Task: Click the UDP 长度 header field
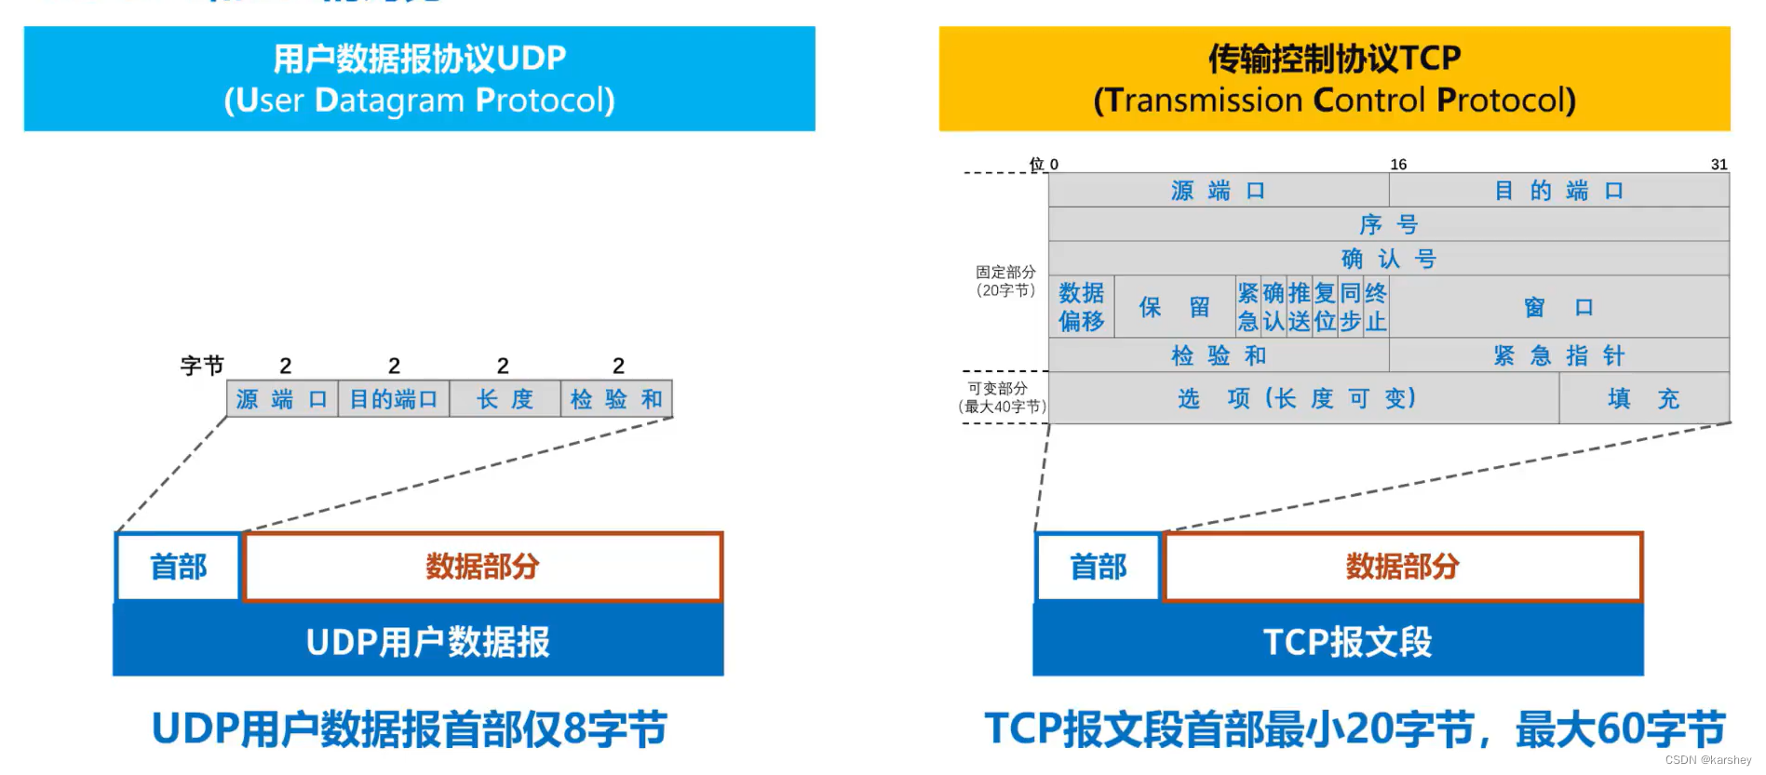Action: [x=505, y=399]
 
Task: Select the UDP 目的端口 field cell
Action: [x=393, y=399]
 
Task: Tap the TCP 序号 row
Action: [x=1388, y=224]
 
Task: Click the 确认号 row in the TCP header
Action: [x=1388, y=259]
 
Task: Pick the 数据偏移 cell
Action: [x=1081, y=307]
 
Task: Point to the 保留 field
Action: [x=1174, y=307]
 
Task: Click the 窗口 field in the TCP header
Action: [x=1558, y=307]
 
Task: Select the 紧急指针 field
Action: [x=1558, y=355]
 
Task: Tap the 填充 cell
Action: [x=1643, y=398]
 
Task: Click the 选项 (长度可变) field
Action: [x=1303, y=398]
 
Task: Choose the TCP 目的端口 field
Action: [x=1558, y=191]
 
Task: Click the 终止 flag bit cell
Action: [x=1376, y=307]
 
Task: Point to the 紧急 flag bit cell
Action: [x=1247, y=307]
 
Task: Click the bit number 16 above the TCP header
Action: [x=1398, y=165]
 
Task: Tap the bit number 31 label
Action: [x=1719, y=165]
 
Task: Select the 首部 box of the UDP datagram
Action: [x=178, y=567]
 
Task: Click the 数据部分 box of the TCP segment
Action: [x=1402, y=567]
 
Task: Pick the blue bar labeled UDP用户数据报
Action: [x=418, y=641]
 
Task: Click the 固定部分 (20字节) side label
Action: [x=1004, y=281]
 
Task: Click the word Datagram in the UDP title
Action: [x=389, y=100]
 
